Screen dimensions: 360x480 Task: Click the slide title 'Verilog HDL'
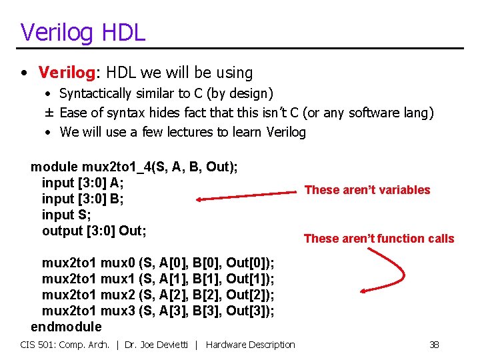[83, 31]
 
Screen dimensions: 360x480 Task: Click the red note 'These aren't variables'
[367, 190]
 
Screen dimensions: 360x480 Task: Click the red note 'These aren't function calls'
[379, 239]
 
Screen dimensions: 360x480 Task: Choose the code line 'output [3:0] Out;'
[94, 231]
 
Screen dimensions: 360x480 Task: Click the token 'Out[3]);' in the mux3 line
[250, 311]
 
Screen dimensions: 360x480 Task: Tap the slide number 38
[434, 345]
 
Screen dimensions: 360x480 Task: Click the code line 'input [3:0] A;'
[83, 183]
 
